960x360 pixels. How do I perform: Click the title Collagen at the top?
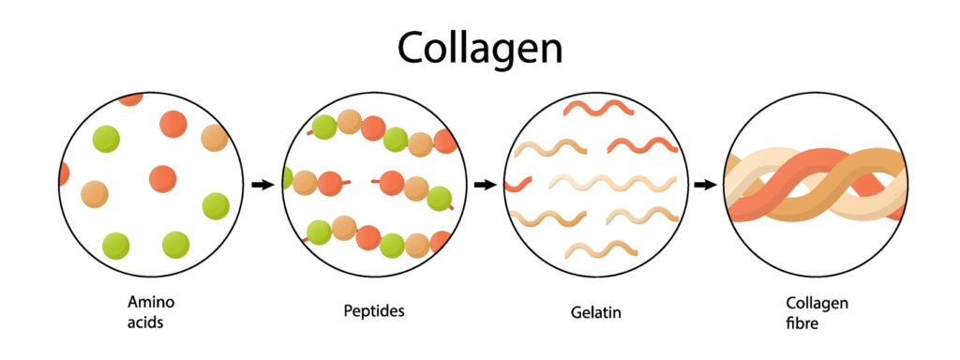479,46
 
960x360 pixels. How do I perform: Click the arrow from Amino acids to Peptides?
262,185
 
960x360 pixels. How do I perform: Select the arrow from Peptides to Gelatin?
484,185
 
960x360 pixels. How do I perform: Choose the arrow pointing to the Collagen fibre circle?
705,185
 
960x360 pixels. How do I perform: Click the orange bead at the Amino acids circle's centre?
163,179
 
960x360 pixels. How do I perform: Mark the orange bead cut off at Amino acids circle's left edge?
64,174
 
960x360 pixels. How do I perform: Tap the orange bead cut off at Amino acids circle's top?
130,97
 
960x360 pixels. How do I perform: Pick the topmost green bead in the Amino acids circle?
106,139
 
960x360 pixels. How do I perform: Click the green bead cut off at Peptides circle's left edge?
287,178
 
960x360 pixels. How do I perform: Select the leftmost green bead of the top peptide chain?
324,127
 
